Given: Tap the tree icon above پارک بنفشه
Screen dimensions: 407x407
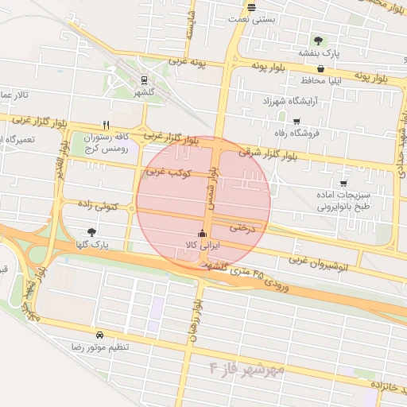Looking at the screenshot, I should [318, 40].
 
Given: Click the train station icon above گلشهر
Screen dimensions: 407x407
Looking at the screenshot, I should [144, 79].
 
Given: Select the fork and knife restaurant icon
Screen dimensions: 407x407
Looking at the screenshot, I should [107, 125].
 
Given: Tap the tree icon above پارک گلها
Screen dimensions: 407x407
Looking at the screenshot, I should [92, 232].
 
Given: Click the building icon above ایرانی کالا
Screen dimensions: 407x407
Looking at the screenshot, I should [202, 234].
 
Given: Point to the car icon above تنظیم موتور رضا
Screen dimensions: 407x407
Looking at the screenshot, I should [99, 335].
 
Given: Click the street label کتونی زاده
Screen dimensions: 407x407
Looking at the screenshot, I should [98, 205].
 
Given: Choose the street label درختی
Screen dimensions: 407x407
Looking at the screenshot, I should [244, 227].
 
